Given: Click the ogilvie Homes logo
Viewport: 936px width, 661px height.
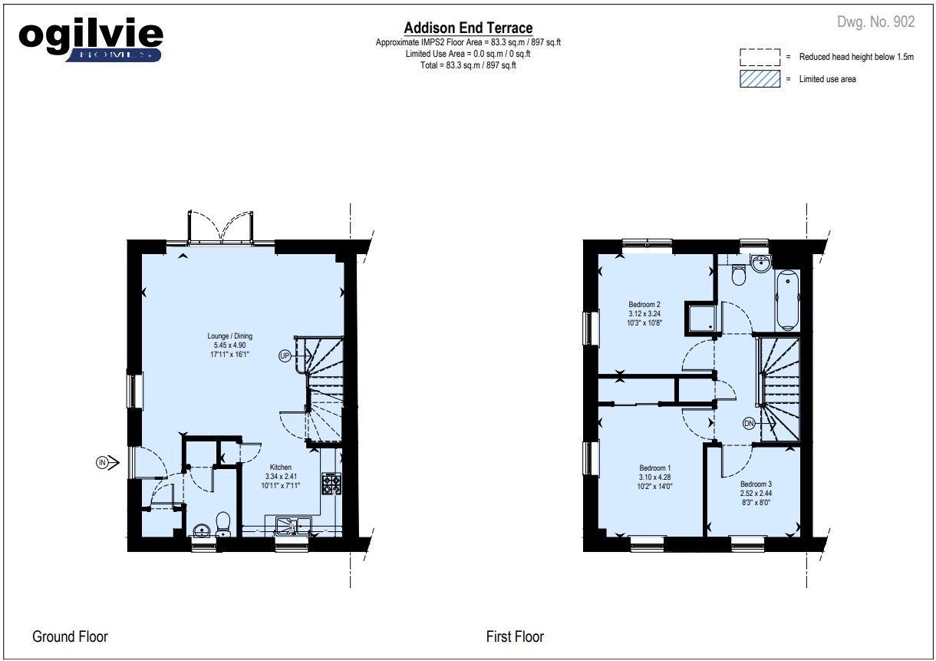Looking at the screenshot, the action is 91,39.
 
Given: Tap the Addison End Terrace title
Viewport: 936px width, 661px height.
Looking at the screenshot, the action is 468,28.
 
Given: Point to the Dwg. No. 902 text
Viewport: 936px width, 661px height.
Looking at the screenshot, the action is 876,21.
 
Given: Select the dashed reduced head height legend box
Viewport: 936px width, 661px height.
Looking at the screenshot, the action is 760,58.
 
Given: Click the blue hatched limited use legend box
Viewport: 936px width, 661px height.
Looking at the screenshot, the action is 760,78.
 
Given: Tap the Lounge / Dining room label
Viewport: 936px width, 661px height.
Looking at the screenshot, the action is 230,335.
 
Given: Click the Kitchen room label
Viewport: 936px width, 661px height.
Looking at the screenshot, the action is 280,467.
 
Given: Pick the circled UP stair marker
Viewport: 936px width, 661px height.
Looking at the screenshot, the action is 285,355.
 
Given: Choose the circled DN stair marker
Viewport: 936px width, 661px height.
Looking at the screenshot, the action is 749,424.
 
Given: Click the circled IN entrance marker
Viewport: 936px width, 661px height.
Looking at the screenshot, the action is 102,462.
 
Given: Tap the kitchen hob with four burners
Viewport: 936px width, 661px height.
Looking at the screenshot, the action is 331,484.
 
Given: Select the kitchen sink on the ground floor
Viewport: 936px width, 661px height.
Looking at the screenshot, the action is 293,526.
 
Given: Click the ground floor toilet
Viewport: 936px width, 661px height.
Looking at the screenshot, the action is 223,524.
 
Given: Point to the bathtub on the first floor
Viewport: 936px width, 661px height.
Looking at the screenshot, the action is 787,299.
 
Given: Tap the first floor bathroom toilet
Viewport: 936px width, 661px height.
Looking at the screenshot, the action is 739,275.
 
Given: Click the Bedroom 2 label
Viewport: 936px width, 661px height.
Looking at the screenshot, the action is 644,304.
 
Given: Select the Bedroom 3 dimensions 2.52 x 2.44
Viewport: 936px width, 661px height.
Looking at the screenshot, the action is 756,494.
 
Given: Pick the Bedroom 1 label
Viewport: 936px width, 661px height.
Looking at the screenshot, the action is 654,468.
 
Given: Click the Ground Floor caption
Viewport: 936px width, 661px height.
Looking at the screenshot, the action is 71,636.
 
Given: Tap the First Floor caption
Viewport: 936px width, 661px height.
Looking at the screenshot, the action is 515,636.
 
